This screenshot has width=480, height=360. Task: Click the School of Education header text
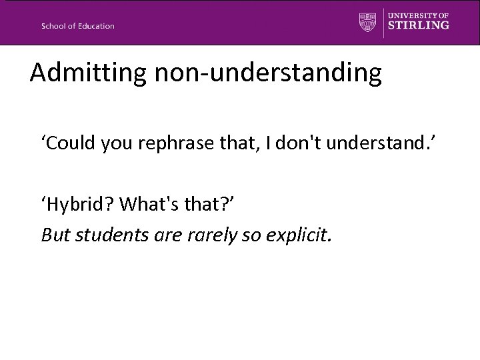(77, 26)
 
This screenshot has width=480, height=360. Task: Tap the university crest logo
(367, 21)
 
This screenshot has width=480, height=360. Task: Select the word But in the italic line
(54, 234)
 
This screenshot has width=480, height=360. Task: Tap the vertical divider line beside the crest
(383, 22)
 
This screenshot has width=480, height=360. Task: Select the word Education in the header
(95, 26)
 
